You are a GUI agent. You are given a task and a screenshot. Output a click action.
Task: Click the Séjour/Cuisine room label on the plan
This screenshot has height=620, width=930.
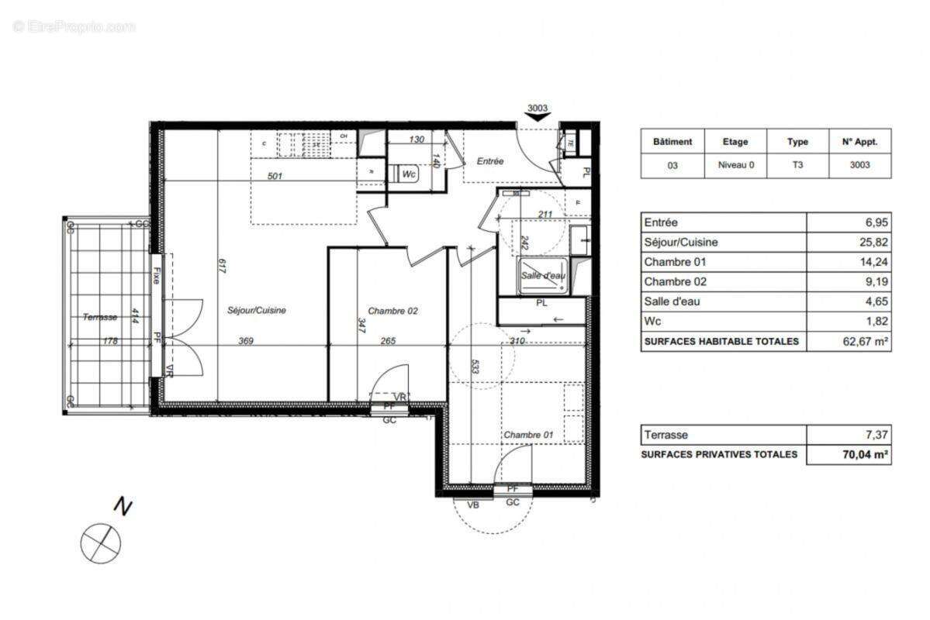257,310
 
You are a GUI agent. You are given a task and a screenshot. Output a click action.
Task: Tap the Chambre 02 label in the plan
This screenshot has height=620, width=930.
393,311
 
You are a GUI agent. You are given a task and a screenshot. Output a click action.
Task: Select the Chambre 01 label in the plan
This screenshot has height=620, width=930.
528,435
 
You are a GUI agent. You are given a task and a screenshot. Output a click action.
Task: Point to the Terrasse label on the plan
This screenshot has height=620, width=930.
100,317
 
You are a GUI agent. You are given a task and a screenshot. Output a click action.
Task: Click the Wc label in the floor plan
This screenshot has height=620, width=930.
409,174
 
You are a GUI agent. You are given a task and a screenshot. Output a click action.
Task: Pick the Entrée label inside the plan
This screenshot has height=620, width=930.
490,161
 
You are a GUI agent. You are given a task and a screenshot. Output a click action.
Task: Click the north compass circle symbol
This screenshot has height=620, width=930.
101,542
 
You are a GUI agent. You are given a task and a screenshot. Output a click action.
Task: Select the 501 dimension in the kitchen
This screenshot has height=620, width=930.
275,176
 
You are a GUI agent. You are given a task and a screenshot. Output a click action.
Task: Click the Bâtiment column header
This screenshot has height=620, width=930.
672,142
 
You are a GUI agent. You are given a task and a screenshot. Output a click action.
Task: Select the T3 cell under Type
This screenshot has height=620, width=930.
797,164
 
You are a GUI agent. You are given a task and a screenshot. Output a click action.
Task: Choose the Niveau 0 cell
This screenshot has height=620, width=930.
735,164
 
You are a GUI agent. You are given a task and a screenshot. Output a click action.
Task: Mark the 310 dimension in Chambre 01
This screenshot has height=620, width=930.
518,339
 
